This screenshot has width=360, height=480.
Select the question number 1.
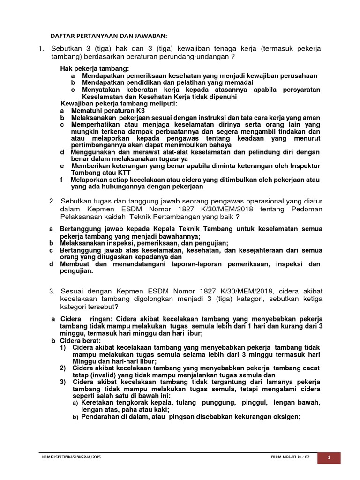click(x=41, y=49)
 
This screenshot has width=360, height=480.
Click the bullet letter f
click(x=62, y=180)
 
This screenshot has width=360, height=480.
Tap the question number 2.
click(x=52, y=201)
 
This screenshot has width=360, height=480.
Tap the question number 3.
click(x=52, y=292)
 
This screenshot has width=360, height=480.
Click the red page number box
click(x=329, y=457)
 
